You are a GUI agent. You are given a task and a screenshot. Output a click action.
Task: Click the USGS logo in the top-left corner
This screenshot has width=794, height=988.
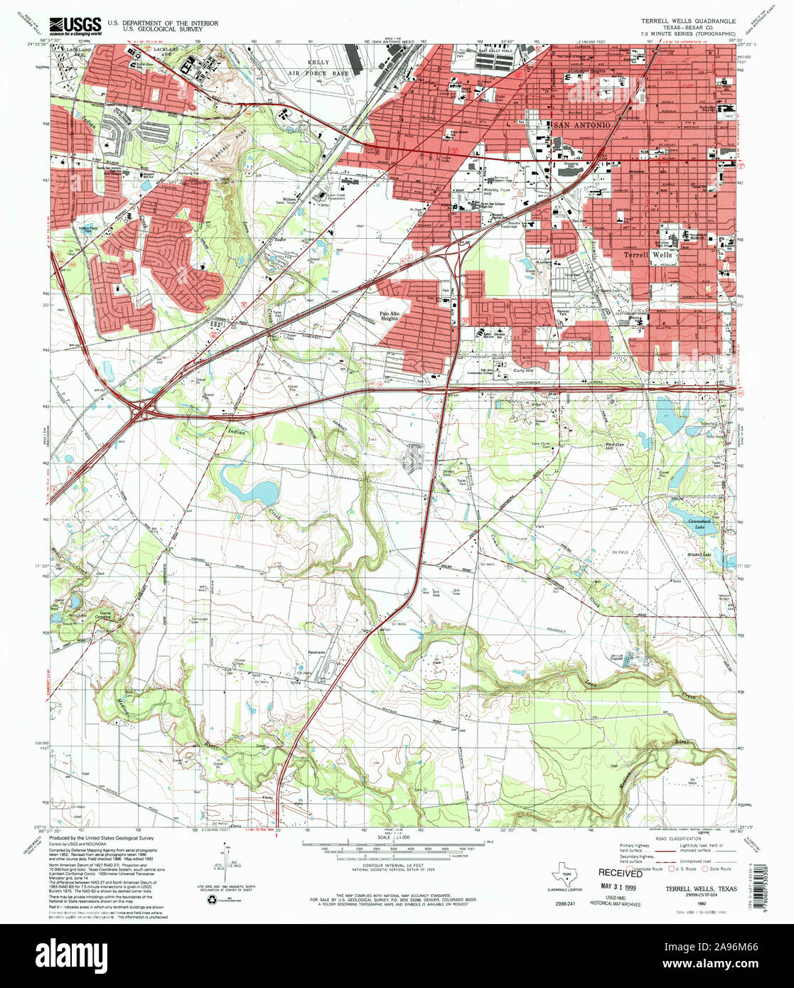click(75, 26)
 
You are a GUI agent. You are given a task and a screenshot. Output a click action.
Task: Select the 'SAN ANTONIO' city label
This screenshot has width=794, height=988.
click(581, 125)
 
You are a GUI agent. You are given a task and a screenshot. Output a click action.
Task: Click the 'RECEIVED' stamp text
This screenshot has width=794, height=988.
click(620, 872)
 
